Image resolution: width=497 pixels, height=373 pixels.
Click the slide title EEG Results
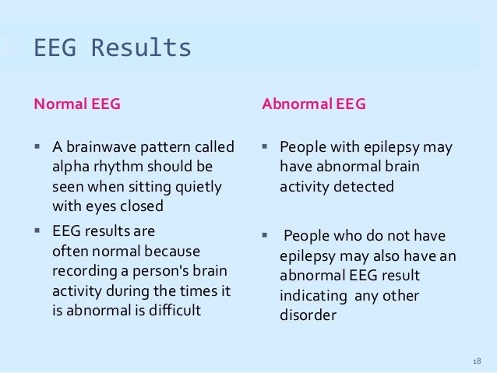112,48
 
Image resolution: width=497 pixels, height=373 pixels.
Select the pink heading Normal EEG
76,104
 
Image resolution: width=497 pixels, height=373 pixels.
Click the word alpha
69,167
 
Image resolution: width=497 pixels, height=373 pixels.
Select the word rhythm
118,167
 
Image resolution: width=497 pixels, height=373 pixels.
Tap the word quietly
195,188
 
